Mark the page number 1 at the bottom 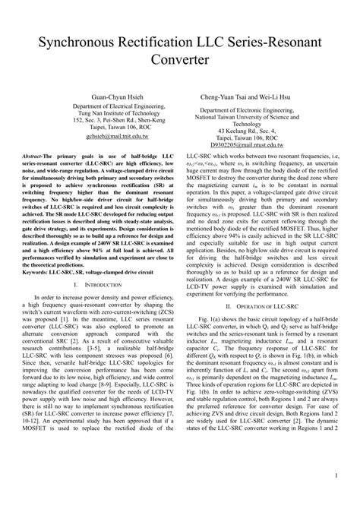pos(335,498)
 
